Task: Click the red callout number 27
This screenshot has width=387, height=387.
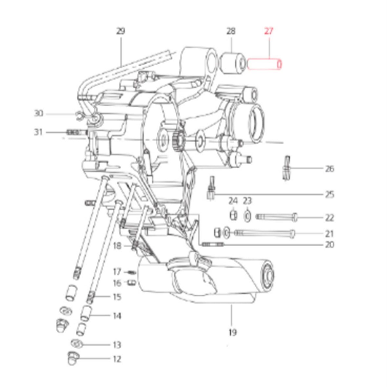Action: pyautogui.click(x=269, y=31)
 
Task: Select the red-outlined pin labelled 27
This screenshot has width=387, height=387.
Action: pyautogui.click(x=264, y=64)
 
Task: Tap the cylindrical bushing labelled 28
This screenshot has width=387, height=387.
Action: pyautogui.click(x=232, y=63)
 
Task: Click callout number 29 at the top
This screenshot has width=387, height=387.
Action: pyautogui.click(x=121, y=31)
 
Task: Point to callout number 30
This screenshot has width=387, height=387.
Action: pyautogui.click(x=38, y=113)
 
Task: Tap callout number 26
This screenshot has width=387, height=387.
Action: pyautogui.click(x=330, y=169)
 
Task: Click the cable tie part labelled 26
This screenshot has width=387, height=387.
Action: pyautogui.click(x=286, y=168)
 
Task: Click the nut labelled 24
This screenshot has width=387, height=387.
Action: pyautogui.click(x=233, y=215)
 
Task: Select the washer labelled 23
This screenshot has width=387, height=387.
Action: pyautogui.click(x=247, y=216)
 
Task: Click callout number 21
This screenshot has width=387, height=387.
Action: pyautogui.click(x=329, y=234)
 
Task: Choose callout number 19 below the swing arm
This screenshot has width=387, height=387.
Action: pyautogui.click(x=232, y=332)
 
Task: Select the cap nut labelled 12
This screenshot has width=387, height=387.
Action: pyautogui.click(x=73, y=358)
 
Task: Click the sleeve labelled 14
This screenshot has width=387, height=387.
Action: pyautogui.click(x=85, y=313)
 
